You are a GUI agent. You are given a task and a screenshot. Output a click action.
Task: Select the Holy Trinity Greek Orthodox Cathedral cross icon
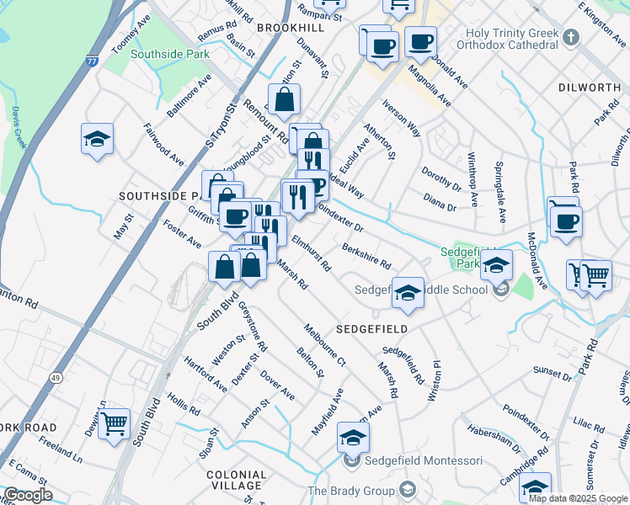coord(571,38)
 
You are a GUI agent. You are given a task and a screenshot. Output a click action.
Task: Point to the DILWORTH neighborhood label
coord(590,88)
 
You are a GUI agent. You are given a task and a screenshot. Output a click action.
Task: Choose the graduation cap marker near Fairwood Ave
coord(97,138)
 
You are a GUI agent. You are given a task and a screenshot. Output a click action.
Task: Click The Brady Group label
coord(351,491)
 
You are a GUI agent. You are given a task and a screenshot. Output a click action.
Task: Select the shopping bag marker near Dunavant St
coord(285,99)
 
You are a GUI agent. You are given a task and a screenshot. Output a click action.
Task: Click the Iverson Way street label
coord(401,120)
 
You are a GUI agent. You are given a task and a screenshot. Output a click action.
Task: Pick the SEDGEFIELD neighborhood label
coord(372,328)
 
